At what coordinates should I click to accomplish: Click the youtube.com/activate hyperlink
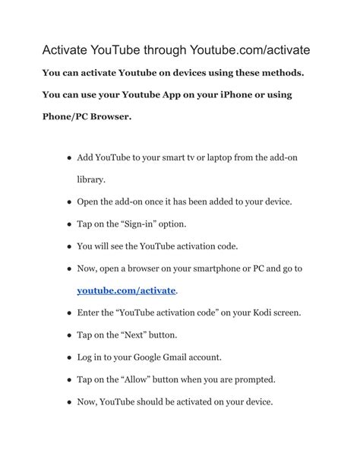pyautogui.click(x=126, y=290)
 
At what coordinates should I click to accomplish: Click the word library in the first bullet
pyautogui.click(x=91, y=180)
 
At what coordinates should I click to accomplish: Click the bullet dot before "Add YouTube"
pyautogui.click(x=68, y=158)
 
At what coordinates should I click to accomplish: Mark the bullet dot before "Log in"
pyautogui.click(x=68, y=357)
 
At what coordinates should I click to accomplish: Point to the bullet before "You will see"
pyautogui.click(x=68, y=246)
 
